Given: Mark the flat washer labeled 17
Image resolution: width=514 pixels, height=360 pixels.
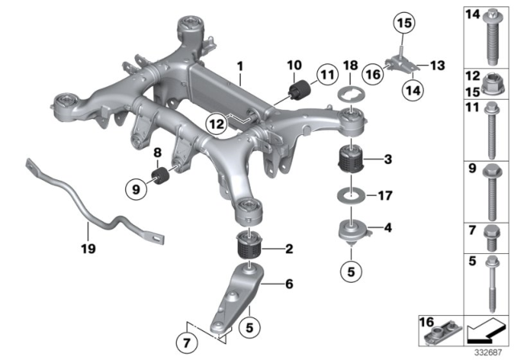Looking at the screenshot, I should [351, 194].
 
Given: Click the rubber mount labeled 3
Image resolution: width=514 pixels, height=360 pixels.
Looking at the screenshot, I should [350, 156].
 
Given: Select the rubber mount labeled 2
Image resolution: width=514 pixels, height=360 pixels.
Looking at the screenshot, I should [249, 243].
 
